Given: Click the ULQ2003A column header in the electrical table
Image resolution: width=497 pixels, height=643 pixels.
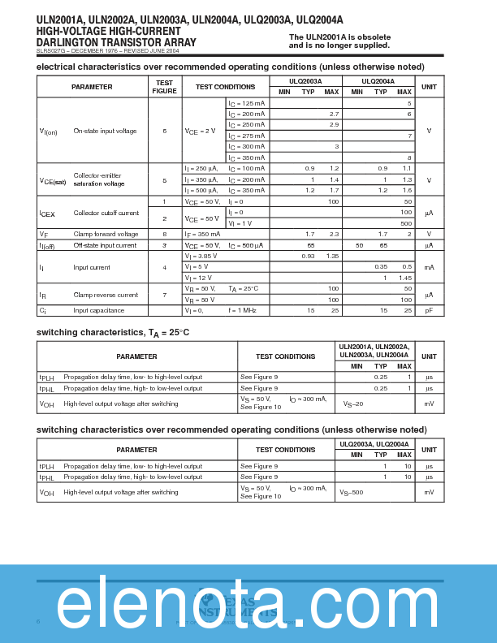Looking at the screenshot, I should (x=306, y=81).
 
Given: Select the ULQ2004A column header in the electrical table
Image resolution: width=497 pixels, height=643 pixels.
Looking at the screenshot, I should (x=378, y=81).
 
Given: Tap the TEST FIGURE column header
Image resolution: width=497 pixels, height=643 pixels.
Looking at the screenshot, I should (x=164, y=87).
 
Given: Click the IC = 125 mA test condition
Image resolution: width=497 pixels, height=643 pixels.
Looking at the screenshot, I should (x=246, y=104).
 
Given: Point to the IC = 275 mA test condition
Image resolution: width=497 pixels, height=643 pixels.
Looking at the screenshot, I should (x=246, y=136).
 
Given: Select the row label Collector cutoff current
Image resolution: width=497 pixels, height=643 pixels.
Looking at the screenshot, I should (x=106, y=213).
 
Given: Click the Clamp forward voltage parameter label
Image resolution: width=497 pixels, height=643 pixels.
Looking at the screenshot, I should (x=106, y=234).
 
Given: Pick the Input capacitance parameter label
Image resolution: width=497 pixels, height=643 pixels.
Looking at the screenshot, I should (x=99, y=310).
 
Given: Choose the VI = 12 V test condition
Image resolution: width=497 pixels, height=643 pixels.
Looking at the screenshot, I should (x=197, y=278).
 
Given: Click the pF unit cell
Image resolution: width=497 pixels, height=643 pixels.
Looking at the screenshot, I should (x=429, y=310).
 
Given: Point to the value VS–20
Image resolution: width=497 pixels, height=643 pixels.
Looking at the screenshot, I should (x=353, y=403).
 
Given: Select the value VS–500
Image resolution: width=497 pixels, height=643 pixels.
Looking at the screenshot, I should (x=352, y=493).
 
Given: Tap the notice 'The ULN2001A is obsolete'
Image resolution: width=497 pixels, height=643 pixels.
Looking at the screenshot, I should (x=339, y=37).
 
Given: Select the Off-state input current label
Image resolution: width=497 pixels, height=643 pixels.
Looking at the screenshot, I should (x=105, y=245).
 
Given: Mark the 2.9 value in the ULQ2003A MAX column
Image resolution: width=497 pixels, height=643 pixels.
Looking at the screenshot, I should (x=334, y=125).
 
